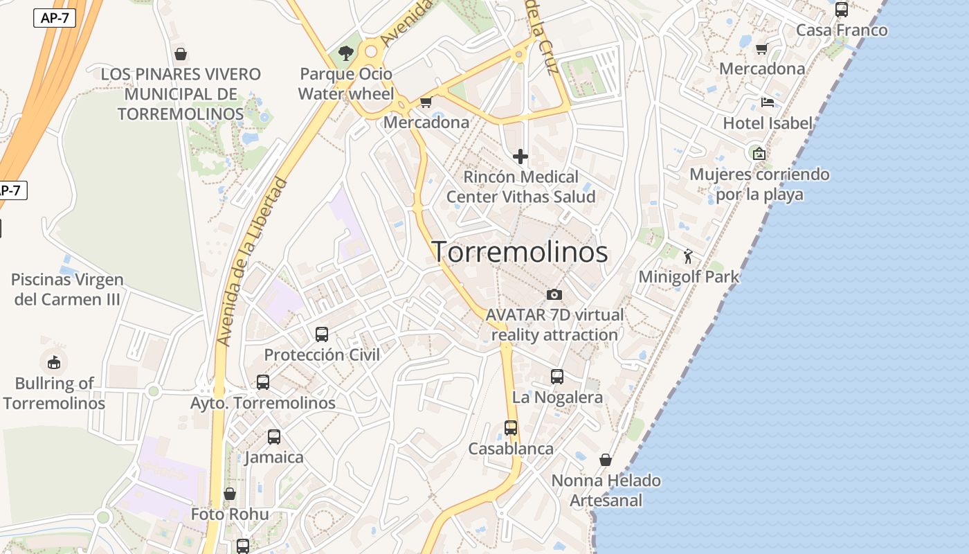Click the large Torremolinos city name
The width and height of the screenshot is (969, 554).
pyautogui.click(x=520, y=252)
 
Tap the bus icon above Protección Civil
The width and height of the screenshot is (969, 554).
pyautogui.click(x=322, y=334)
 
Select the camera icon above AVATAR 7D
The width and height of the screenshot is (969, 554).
pyautogui.click(x=554, y=294)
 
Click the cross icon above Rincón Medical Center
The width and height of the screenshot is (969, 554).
pyautogui.click(x=520, y=157)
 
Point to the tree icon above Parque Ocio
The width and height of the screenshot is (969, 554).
pyautogui.click(x=345, y=53)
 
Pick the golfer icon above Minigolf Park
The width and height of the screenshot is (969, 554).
pyautogui.click(x=688, y=257)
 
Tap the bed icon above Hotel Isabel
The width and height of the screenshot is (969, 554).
pyautogui.click(x=767, y=102)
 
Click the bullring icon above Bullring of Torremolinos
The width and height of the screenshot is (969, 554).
pyautogui.click(x=53, y=362)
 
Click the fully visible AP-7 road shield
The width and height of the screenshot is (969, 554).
pyautogui.click(x=55, y=19)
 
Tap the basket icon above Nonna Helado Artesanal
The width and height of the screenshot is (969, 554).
pyautogui.click(x=606, y=460)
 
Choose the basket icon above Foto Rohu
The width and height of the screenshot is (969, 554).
pyautogui.click(x=230, y=494)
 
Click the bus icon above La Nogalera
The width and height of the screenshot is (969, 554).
pyautogui.click(x=557, y=377)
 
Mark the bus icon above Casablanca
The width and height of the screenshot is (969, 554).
pyautogui.click(x=511, y=428)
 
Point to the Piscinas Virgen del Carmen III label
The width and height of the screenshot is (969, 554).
pyautogui.click(x=67, y=289)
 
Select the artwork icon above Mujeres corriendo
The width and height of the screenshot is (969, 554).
pyautogui.click(x=759, y=153)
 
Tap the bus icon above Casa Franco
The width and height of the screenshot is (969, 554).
pyautogui.click(x=842, y=10)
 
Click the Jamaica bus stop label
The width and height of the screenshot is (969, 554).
pyautogui.click(x=274, y=457)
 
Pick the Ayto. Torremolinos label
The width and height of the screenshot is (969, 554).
pyautogui.click(x=263, y=402)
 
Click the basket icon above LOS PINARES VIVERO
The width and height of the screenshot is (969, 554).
pyautogui.click(x=181, y=54)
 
